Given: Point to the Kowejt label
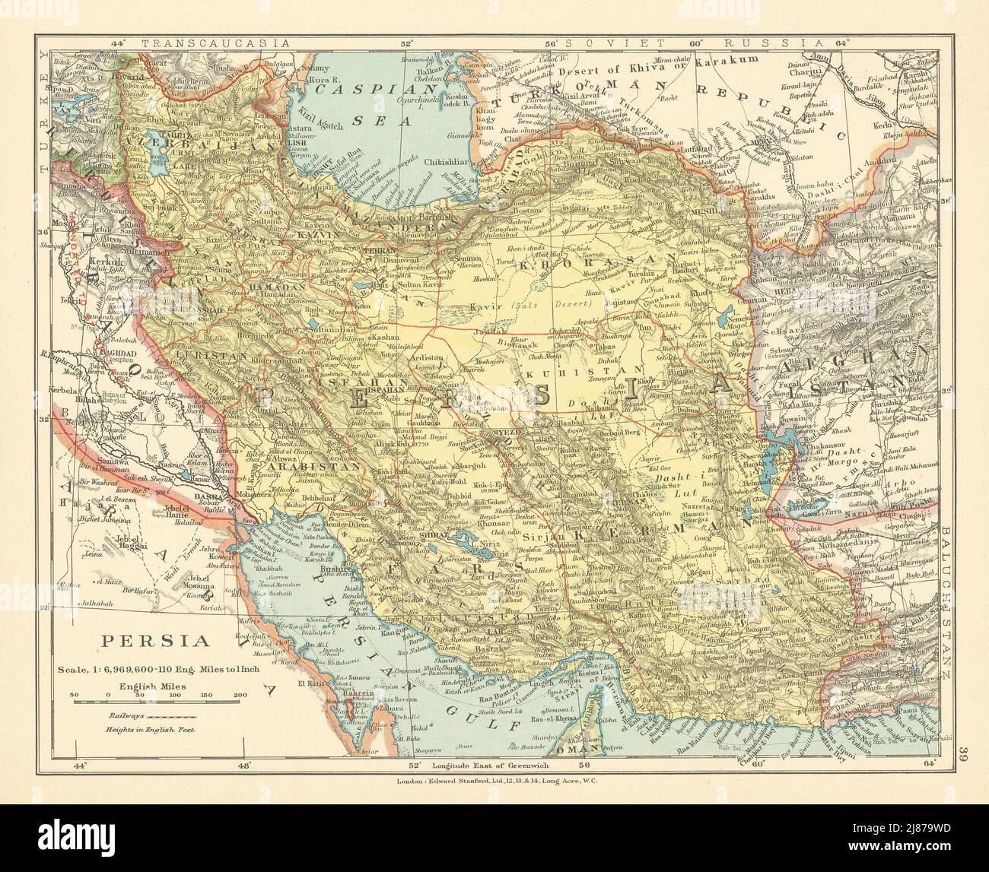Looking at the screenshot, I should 221,556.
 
